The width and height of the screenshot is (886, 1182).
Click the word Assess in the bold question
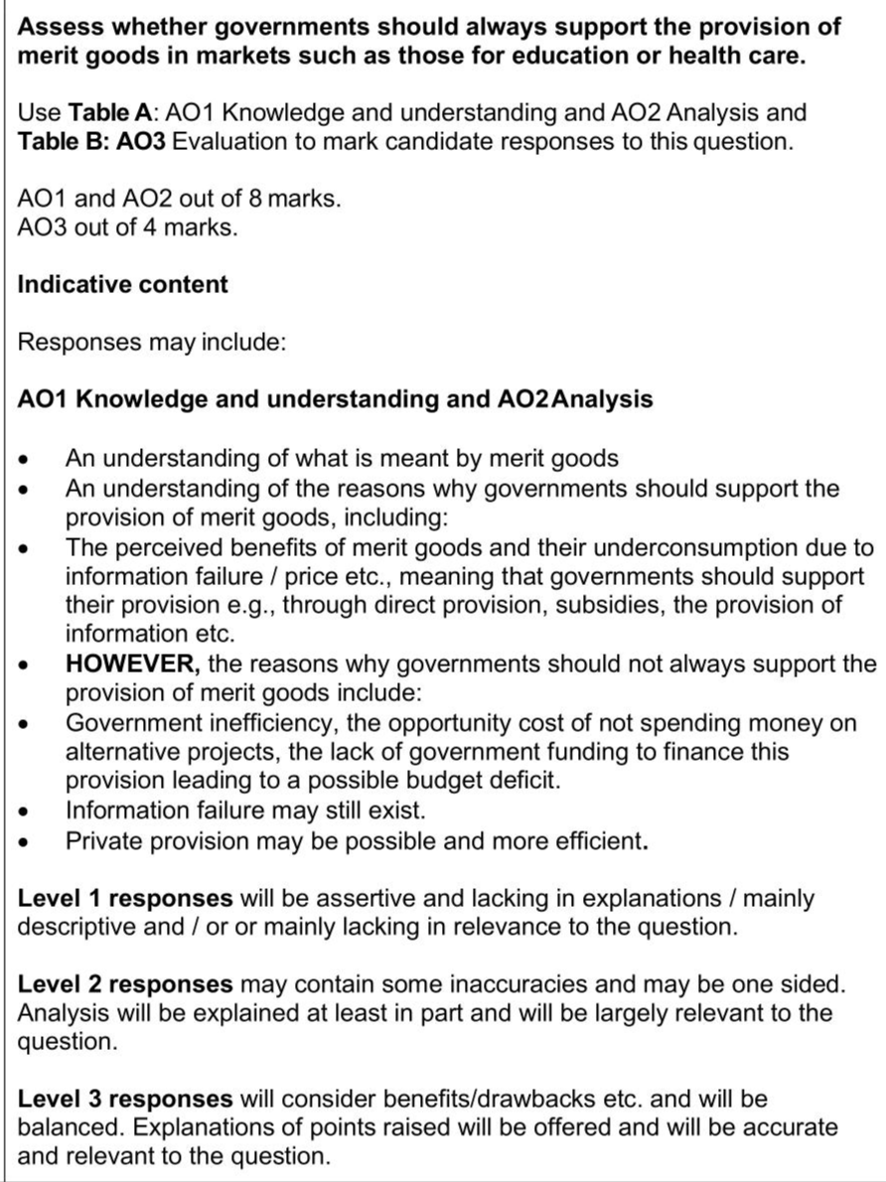[59, 27]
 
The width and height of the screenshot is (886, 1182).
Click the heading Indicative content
[123, 284]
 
